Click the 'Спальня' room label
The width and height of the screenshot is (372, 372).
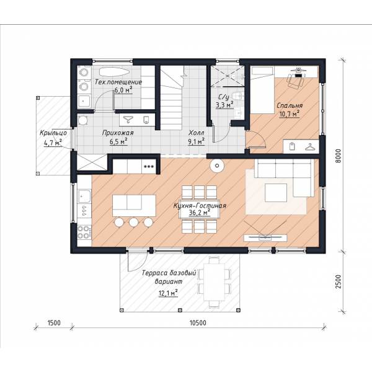click(290, 105)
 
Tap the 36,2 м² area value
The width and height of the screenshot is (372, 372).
click(200, 213)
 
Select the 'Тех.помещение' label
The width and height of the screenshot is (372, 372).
click(118, 82)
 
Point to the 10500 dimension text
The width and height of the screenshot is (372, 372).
click(198, 323)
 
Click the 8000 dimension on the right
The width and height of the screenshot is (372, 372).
click(338, 156)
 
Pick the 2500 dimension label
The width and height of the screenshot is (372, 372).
click(338, 281)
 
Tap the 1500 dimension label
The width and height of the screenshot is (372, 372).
click(54, 323)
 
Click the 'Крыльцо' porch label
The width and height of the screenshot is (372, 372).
click(53, 133)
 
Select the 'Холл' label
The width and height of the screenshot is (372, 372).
click(196, 133)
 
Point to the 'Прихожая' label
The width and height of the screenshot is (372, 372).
click(118, 133)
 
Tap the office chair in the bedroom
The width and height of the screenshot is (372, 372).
click(295, 81)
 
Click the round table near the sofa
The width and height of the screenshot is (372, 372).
click(217, 166)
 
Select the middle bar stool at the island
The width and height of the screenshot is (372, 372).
click(134, 223)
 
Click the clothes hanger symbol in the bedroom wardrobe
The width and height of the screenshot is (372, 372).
click(311, 147)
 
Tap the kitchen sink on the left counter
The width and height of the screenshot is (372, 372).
click(84, 196)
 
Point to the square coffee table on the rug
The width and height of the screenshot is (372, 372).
click(276, 193)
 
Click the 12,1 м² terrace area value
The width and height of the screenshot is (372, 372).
click(168, 293)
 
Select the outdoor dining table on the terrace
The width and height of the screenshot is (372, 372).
click(215, 281)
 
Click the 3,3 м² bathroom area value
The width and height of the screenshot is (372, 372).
click(224, 105)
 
